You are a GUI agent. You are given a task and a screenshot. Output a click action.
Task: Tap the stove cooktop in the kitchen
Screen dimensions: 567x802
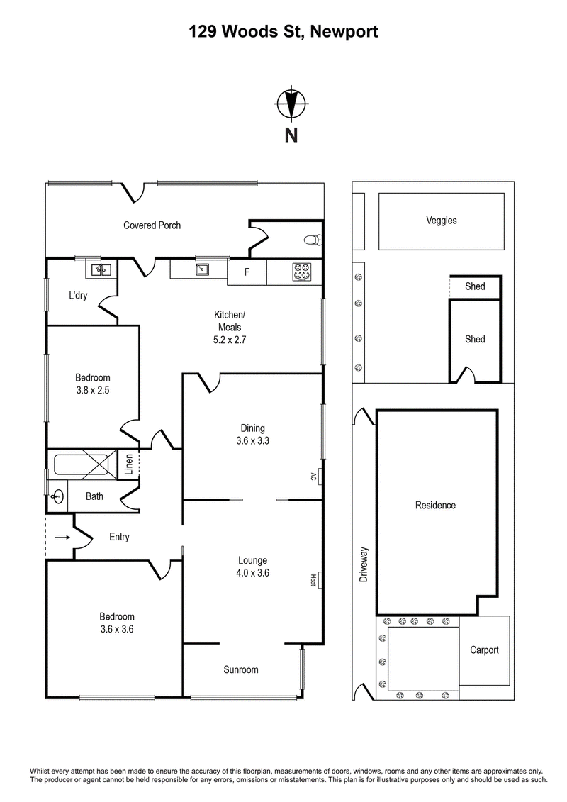[302, 272]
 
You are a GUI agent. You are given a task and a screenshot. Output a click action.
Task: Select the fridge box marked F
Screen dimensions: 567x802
[247, 272]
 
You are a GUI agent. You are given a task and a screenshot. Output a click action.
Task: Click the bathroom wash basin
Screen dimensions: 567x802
[58, 496]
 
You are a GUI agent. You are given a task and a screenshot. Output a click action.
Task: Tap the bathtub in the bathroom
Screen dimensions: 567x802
[85, 465]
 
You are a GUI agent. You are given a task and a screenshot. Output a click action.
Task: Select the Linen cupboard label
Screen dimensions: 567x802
[129, 464]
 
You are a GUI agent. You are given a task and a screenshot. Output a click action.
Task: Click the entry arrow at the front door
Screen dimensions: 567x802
[62, 537]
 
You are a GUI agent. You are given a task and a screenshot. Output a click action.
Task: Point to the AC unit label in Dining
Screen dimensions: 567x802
[313, 477]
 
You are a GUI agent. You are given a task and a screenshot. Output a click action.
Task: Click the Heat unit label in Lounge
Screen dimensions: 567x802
[313, 579]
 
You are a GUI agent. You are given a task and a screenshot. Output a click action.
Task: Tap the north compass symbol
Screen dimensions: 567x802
[291, 104]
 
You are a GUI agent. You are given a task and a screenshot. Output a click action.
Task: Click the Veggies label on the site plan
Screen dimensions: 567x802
[442, 221]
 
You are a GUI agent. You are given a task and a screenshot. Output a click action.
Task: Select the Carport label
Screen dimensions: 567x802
[484, 650]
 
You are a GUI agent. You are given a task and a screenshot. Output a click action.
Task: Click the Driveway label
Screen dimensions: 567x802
[364, 564]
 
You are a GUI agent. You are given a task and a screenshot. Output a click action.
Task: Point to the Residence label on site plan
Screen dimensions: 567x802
[435, 506]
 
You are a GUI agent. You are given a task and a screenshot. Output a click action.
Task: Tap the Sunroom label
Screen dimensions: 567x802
[241, 669]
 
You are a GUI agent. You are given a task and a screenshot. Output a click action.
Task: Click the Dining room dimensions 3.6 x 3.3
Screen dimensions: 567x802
[252, 440]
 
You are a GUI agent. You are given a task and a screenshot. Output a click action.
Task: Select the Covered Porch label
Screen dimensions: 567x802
[152, 225]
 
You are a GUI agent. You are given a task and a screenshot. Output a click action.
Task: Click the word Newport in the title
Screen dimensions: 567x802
[344, 32]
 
